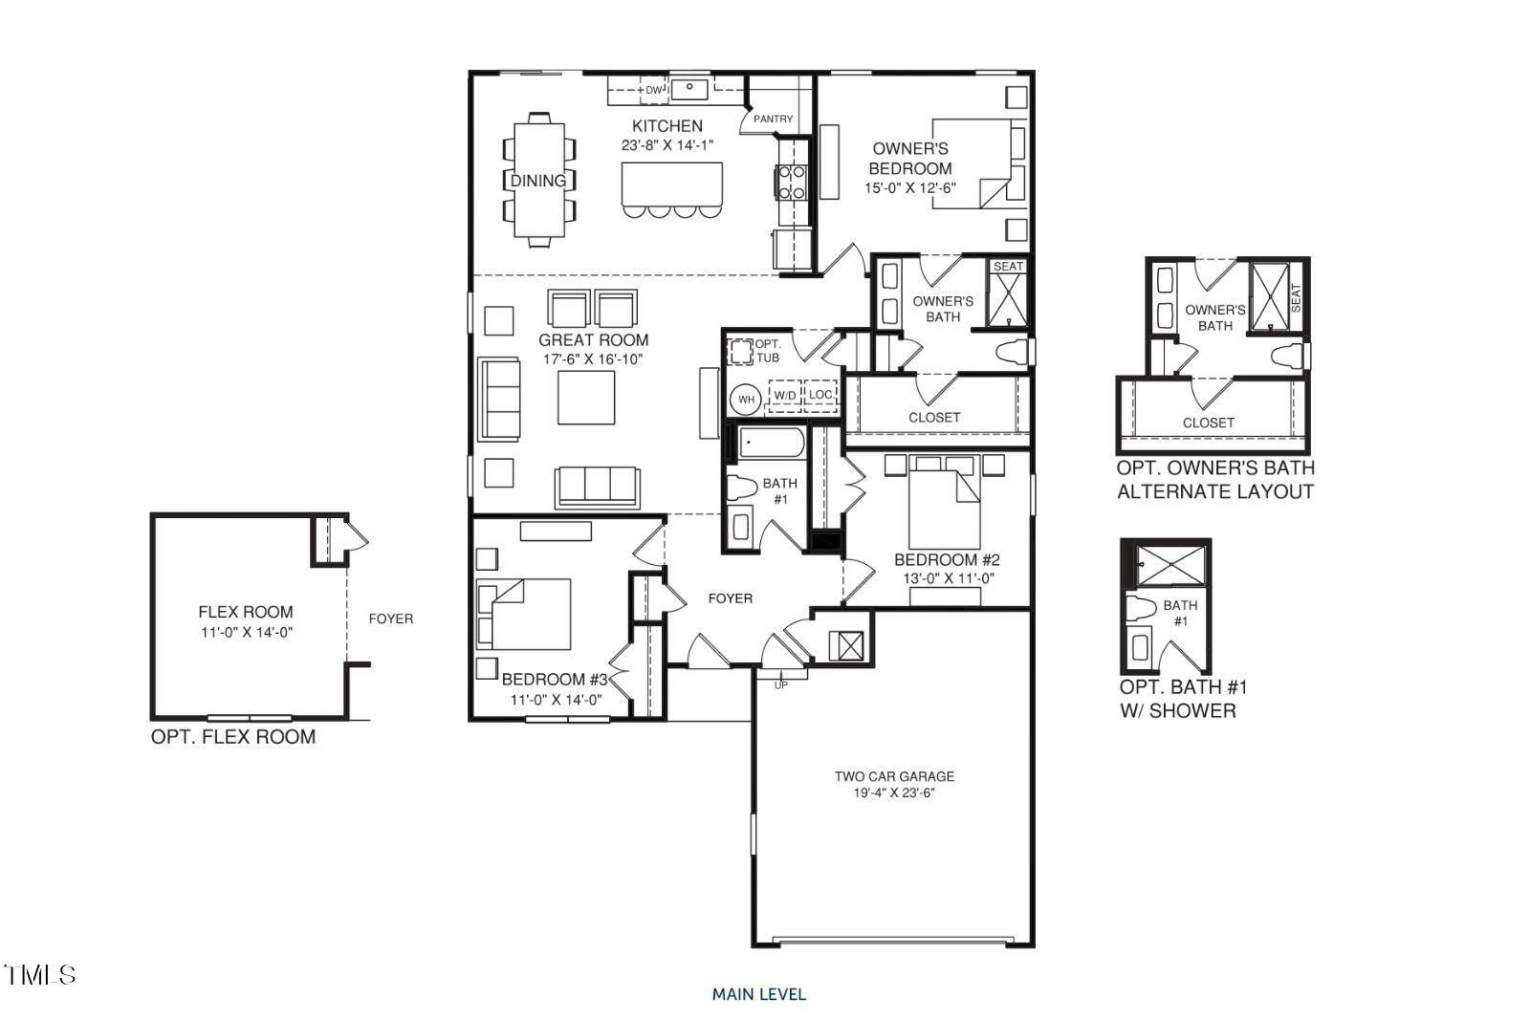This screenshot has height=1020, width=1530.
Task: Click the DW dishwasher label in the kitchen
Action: click(653, 91)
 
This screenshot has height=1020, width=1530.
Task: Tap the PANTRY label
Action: click(773, 119)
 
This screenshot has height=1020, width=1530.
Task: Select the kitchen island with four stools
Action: click(672, 184)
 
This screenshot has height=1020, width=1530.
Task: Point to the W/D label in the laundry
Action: click(785, 395)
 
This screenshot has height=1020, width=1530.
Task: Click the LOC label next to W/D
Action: click(820, 395)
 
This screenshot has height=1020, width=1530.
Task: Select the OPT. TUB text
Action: click(768, 351)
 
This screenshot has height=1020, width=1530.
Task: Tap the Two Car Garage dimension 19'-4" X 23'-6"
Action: click(894, 793)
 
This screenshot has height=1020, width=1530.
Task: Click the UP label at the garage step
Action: click(780, 684)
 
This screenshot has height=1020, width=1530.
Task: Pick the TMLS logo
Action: click(40, 975)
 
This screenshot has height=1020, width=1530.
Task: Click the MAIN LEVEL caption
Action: click(758, 994)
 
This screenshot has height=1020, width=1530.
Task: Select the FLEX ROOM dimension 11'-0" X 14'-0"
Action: click(246, 632)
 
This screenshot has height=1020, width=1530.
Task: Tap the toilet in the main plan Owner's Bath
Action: click(1012, 352)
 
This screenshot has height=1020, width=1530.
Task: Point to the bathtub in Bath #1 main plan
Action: click(771, 445)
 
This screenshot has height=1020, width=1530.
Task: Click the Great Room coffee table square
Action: click(587, 397)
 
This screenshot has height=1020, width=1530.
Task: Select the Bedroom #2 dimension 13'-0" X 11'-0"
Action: click(946, 578)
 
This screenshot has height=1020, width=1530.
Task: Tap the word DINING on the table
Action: click(537, 181)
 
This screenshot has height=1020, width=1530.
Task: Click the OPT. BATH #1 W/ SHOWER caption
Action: click(1183, 699)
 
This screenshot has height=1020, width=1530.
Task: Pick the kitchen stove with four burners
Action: click(793, 182)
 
